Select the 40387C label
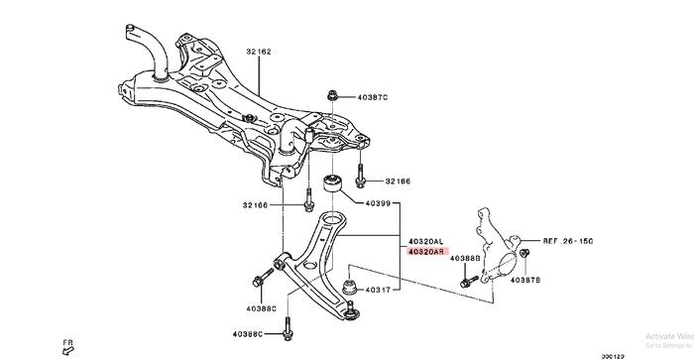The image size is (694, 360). [x=371, y=97]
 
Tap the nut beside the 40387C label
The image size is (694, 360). [x=331, y=97]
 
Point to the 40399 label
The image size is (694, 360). [x=376, y=203]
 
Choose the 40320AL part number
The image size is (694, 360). [x=425, y=241]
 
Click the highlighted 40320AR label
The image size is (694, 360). [x=425, y=253]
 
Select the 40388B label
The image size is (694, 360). [x=464, y=259]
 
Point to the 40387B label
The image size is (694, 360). [x=524, y=282]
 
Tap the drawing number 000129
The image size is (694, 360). [x=667, y=355]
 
